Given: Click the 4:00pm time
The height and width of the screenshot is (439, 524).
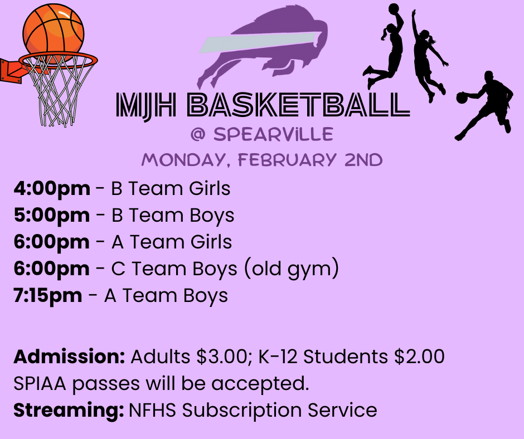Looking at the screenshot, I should tap(52, 189).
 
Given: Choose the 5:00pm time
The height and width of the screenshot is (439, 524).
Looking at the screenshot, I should tap(52, 216).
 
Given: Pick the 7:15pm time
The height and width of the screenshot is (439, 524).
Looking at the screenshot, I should tap(48, 296).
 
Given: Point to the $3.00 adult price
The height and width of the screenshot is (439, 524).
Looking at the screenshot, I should tap(219, 357).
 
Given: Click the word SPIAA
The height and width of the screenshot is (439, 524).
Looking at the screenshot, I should tap(42, 384).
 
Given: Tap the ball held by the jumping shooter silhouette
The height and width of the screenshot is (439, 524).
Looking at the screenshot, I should tap(394, 8).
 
